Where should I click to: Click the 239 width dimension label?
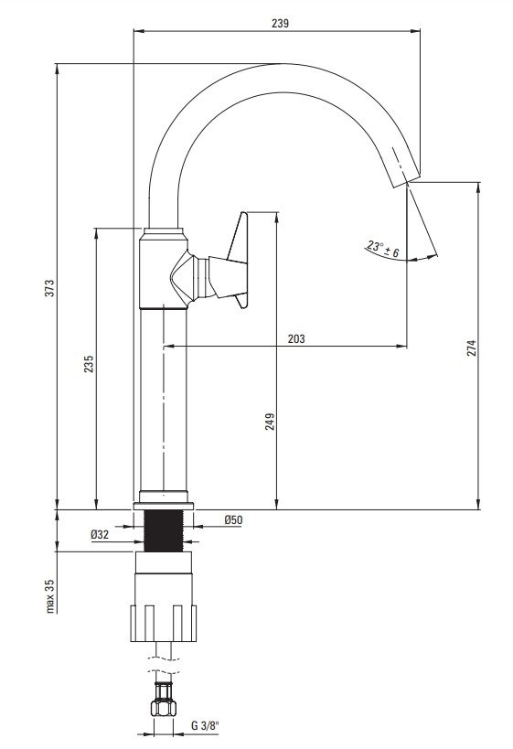[280, 23]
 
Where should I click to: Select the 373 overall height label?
[49, 288]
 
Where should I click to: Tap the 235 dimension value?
[90, 364]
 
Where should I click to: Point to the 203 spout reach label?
[296, 338]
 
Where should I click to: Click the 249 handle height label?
[271, 422]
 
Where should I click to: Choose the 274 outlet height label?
[472, 348]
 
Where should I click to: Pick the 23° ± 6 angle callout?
[383, 249]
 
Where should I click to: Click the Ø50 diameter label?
[233, 519]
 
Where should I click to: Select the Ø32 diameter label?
[100, 534]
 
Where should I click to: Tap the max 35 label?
[50, 596]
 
